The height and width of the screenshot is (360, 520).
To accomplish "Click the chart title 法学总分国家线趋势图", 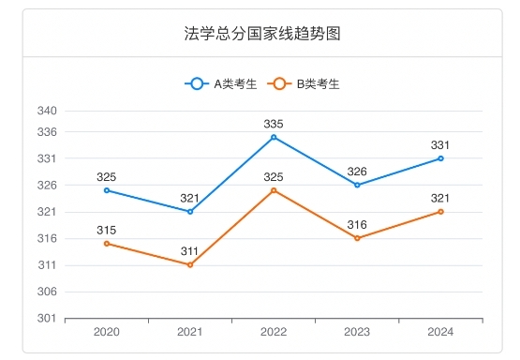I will tap(261, 34).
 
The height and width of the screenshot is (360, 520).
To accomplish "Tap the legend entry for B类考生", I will tap(305, 83).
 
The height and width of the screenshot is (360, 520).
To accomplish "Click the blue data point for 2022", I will tap(274, 137).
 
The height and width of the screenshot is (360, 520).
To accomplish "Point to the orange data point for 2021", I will tap(190, 264).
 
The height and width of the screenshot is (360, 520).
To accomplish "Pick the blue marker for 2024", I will tap(440, 158).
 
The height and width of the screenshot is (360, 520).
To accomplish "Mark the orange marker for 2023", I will tap(357, 238).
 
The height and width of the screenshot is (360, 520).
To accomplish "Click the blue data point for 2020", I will tap(107, 190).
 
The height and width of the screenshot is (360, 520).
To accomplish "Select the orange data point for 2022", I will tap(274, 190).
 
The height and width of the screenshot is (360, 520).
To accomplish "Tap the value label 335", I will tap(274, 124).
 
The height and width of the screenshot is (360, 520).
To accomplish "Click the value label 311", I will tap(190, 251).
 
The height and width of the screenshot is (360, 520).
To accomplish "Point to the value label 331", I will tap(440, 145).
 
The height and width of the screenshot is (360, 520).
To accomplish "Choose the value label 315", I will tap(107, 231).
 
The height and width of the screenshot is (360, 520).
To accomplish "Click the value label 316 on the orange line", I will tap(357, 225).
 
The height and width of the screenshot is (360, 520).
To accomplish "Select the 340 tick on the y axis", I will tap(48, 111).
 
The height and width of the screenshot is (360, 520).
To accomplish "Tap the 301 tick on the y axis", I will tap(48, 319).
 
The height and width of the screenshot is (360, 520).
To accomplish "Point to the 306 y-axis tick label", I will tap(48, 292).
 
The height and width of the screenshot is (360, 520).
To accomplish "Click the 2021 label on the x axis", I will tap(190, 333).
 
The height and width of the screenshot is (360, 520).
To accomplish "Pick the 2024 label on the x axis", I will tap(440, 333).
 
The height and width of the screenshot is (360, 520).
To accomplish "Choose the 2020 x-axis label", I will tap(107, 333).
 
